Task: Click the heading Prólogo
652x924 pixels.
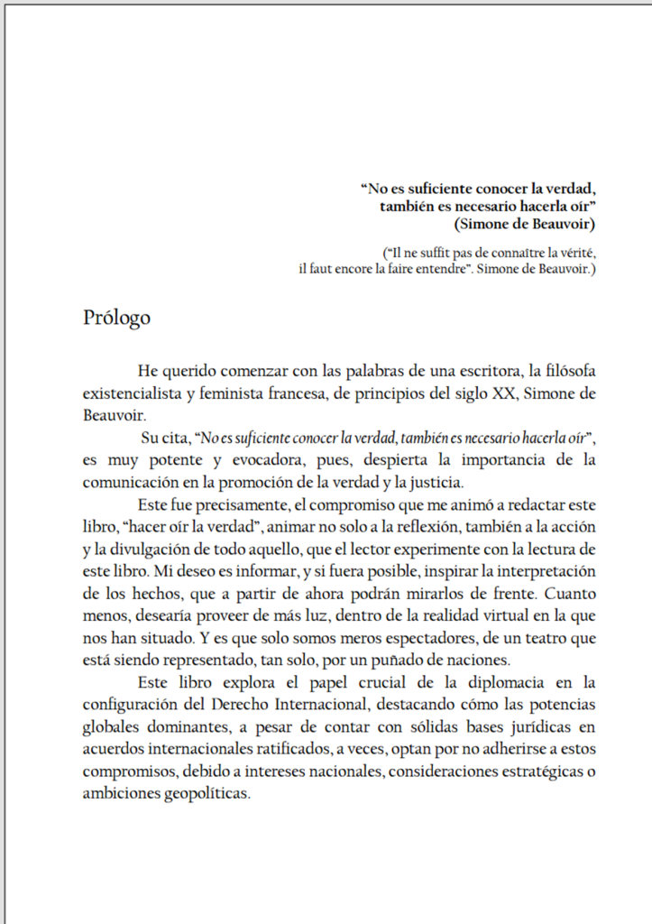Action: pos(116,319)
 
